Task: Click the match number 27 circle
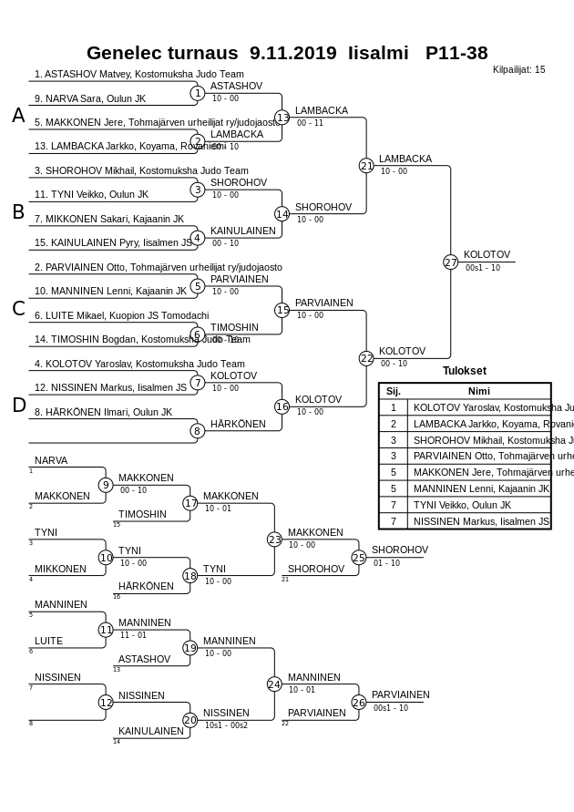(x=450, y=262)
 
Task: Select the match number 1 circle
(x=197, y=93)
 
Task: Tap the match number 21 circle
(x=366, y=165)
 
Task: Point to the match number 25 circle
(x=359, y=557)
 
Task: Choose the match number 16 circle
(x=282, y=406)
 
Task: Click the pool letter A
(x=18, y=116)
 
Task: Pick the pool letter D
(x=18, y=406)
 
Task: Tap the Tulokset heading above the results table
(x=464, y=371)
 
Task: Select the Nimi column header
(x=478, y=391)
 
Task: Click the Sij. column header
(x=394, y=391)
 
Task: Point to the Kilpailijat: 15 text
(x=518, y=69)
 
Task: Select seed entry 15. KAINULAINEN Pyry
(x=113, y=242)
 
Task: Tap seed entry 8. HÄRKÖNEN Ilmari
(x=103, y=412)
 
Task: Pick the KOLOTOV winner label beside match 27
(x=487, y=254)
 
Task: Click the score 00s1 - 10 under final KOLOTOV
(x=482, y=268)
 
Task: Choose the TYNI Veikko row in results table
(x=462, y=505)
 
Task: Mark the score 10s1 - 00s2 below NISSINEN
(x=226, y=725)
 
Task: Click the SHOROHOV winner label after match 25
(x=399, y=550)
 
